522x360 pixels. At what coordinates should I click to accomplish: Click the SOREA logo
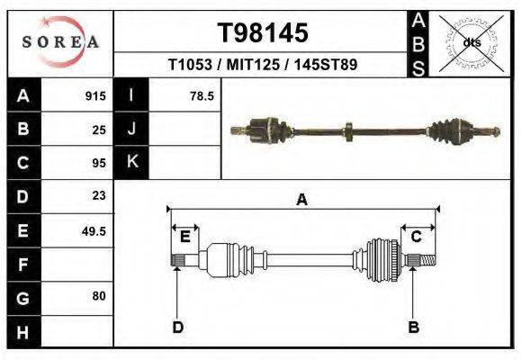coord(60,42)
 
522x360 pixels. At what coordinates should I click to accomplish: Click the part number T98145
coord(264,33)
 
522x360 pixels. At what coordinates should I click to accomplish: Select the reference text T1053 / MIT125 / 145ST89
coord(263,66)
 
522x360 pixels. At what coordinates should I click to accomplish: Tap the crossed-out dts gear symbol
coord(471,41)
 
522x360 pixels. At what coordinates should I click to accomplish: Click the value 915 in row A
coord(94,95)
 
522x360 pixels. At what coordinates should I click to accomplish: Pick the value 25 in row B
coord(99,129)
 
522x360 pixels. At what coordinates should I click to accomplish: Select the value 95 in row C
coord(99,163)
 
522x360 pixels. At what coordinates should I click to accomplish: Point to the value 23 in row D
coord(99,195)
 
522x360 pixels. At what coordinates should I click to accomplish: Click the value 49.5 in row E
coord(94,230)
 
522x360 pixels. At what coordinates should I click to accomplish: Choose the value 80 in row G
coord(99,296)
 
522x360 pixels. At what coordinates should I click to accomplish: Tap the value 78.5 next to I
coord(202,95)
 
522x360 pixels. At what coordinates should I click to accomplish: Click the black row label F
coord(22,264)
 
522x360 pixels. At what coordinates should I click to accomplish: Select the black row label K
coord(131,162)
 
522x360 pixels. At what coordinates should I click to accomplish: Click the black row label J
coord(131,129)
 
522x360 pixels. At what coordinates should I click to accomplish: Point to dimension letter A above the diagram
coord(301,201)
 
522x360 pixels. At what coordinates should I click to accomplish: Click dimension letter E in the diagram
coord(184,237)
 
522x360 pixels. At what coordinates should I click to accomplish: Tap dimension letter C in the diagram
coord(416,237)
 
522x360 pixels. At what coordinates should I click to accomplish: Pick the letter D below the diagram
coord(177,327)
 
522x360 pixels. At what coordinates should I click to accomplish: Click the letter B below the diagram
coord(413,327)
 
